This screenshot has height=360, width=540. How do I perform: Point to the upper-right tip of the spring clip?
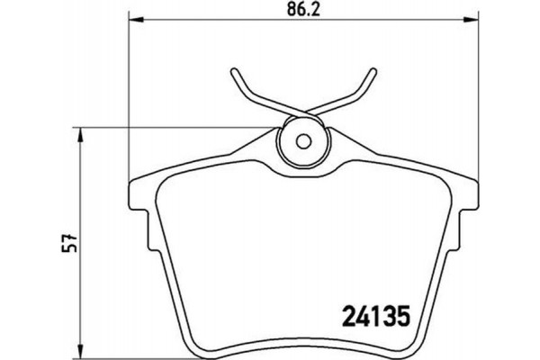pyautogui.click(x=372, y=72)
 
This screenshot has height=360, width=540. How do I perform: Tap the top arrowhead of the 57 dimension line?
pyautogui.click(x=84, y=132)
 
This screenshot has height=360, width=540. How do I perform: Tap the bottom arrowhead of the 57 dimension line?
pyautogui.click(x=84, y=352)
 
